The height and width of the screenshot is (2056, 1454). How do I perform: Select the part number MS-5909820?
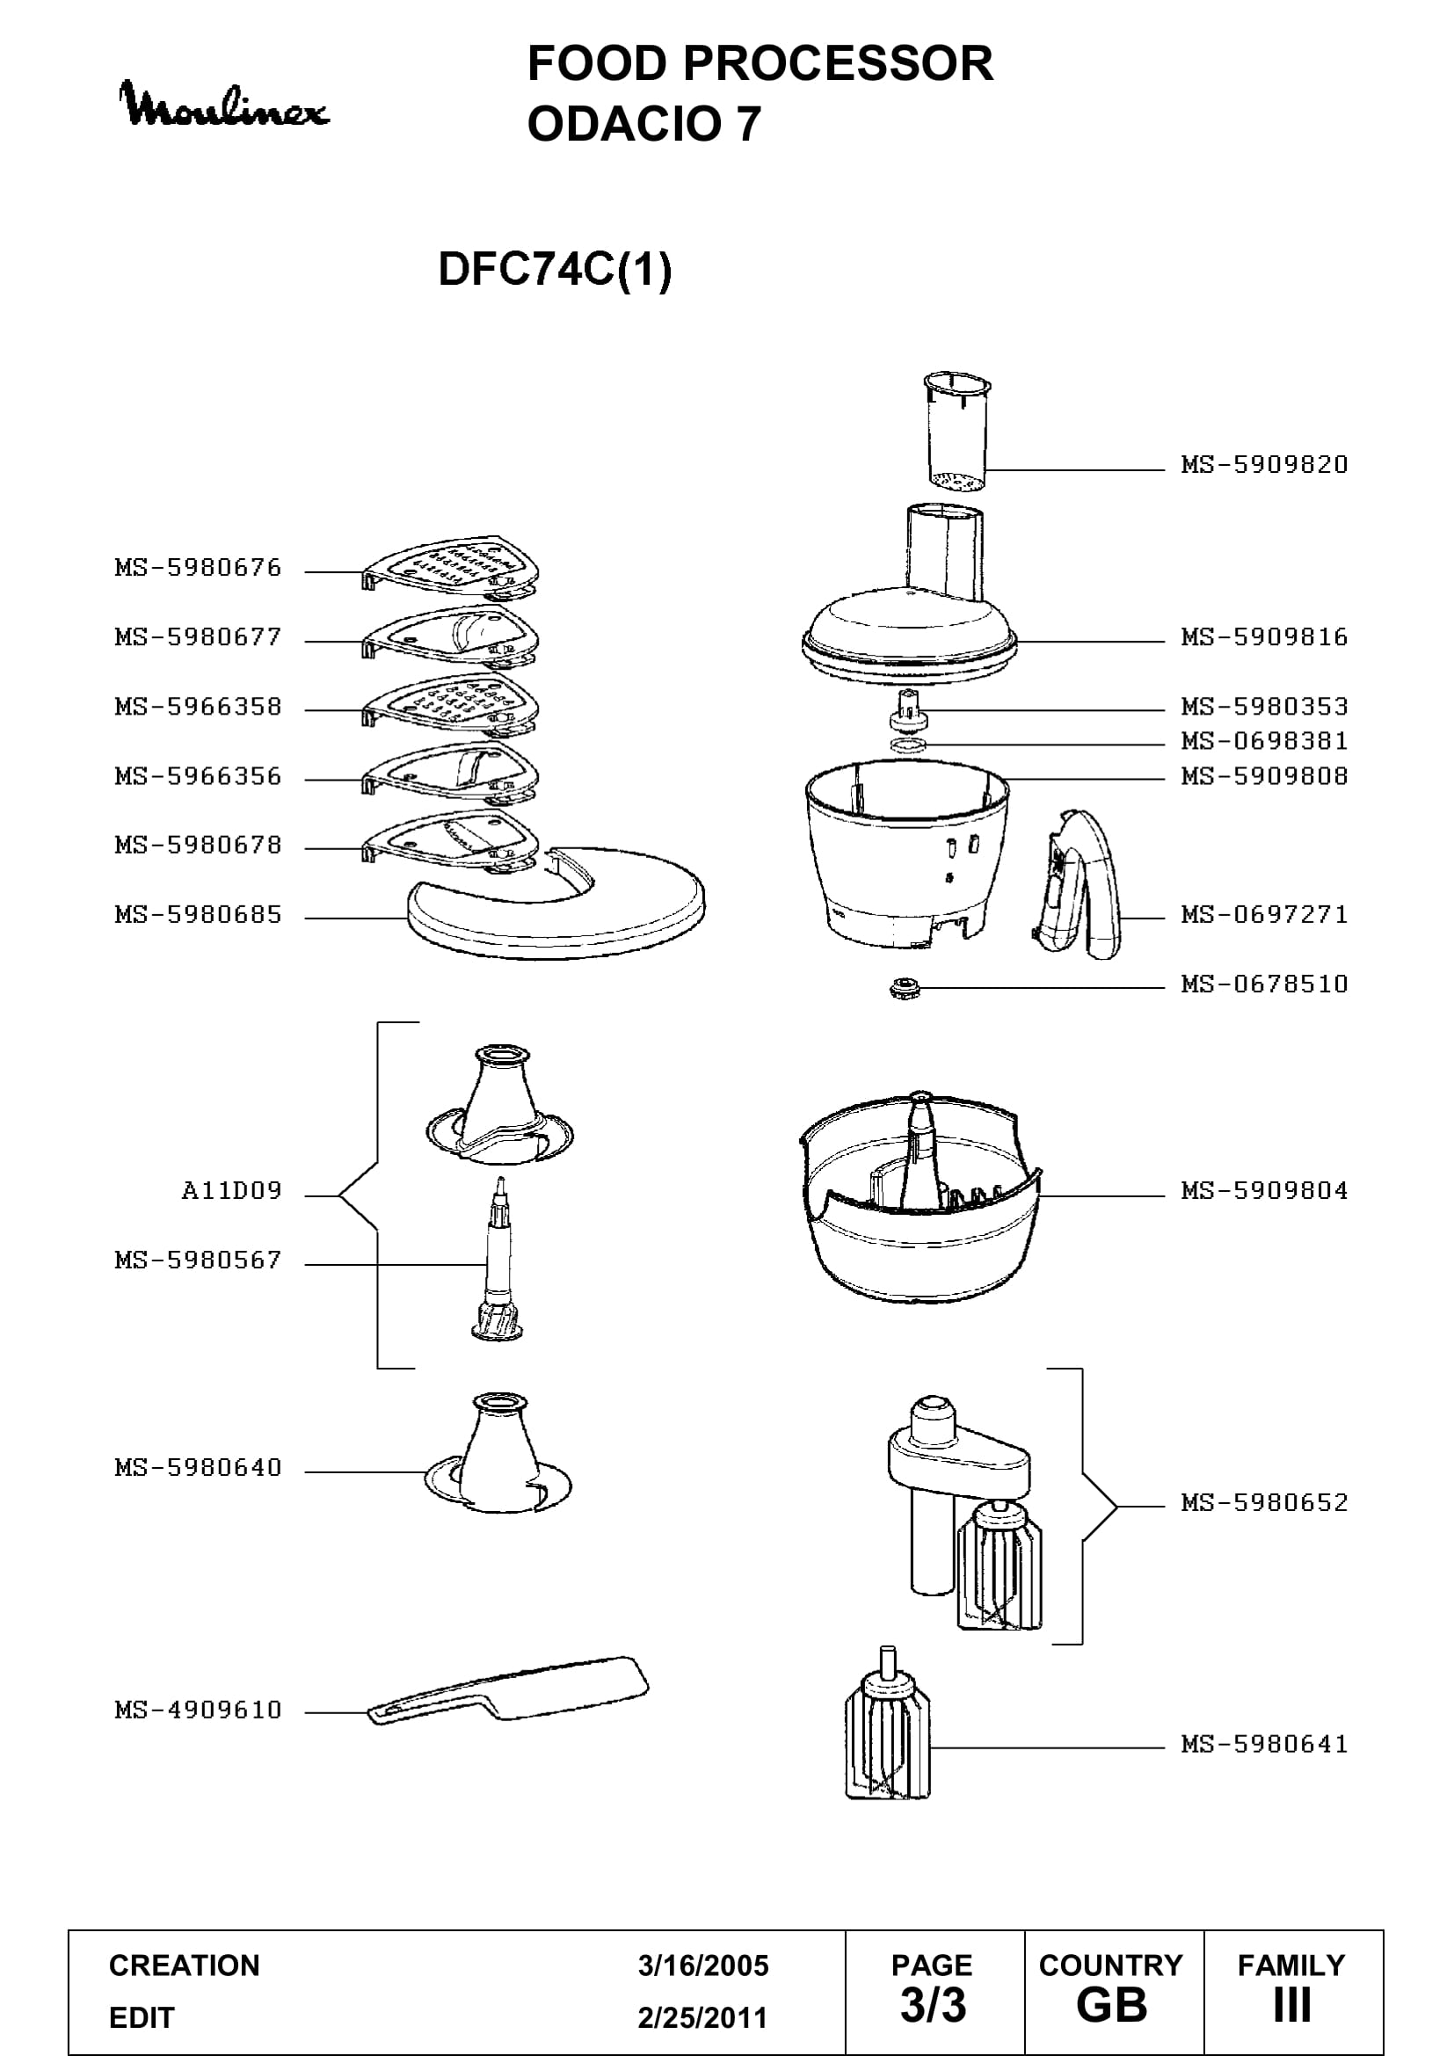pyautogui.click(x=1264, y=465)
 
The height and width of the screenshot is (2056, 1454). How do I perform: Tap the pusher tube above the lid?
pyautogui.click(x=956, y=432)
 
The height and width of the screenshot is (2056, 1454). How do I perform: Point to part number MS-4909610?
pyautogui.click(x=198, y=1710)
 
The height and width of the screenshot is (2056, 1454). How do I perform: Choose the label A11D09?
pyautogui.click(x=231, y=1190)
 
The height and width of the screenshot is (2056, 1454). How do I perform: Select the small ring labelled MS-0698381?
pyautogui.click(x=908, y=745)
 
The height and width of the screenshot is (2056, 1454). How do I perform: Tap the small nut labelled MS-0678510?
pyautogui.click(x=905, y=988)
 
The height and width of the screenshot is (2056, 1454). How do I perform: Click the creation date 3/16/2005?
pyautogui.click(x=703, y=1965)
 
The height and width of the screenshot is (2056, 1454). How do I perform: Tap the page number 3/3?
pyautogui.click(x=933, y=2005)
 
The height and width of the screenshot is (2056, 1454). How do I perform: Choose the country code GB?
pyautogui.click(x=1112, y=2005)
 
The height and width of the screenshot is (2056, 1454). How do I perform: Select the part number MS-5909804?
pyautogui.click(x=1264, y=1191)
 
